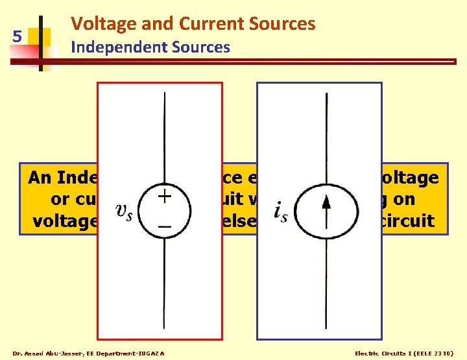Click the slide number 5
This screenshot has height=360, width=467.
18,36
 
